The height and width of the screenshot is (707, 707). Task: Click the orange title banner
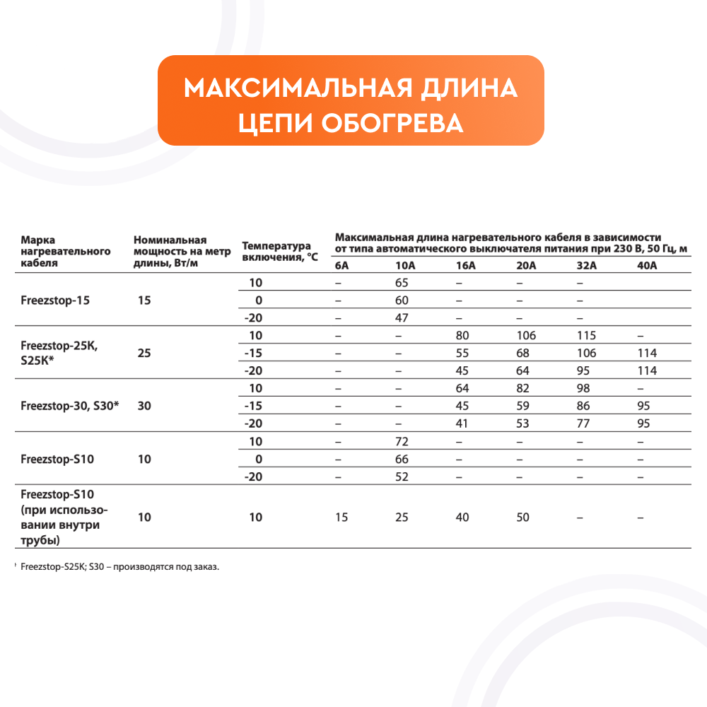351,100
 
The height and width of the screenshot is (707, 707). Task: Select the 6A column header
341,266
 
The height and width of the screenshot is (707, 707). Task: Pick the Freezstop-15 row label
55,300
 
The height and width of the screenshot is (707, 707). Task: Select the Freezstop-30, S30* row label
70,407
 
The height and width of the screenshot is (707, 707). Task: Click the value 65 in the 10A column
402,283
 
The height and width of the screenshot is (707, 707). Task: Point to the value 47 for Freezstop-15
402,317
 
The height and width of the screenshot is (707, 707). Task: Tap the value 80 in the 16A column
463,336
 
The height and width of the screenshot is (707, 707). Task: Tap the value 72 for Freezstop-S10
402,442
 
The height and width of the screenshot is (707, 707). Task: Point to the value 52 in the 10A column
402,477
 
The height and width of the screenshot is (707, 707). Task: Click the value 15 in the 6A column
341,518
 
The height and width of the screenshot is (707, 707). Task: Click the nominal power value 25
144,353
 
